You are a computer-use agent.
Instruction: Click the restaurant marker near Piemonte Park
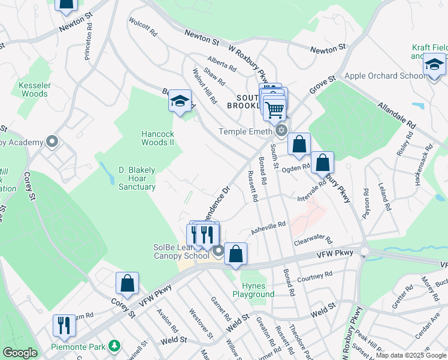pyautogui.click(x=64, y=325)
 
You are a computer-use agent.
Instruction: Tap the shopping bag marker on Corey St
pyautogui.click(x=127, y=283)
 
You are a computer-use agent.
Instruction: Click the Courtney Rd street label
pyautogui.click(x=314, y=277)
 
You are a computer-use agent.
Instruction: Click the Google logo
pyautogui.click(x=20, y=353)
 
